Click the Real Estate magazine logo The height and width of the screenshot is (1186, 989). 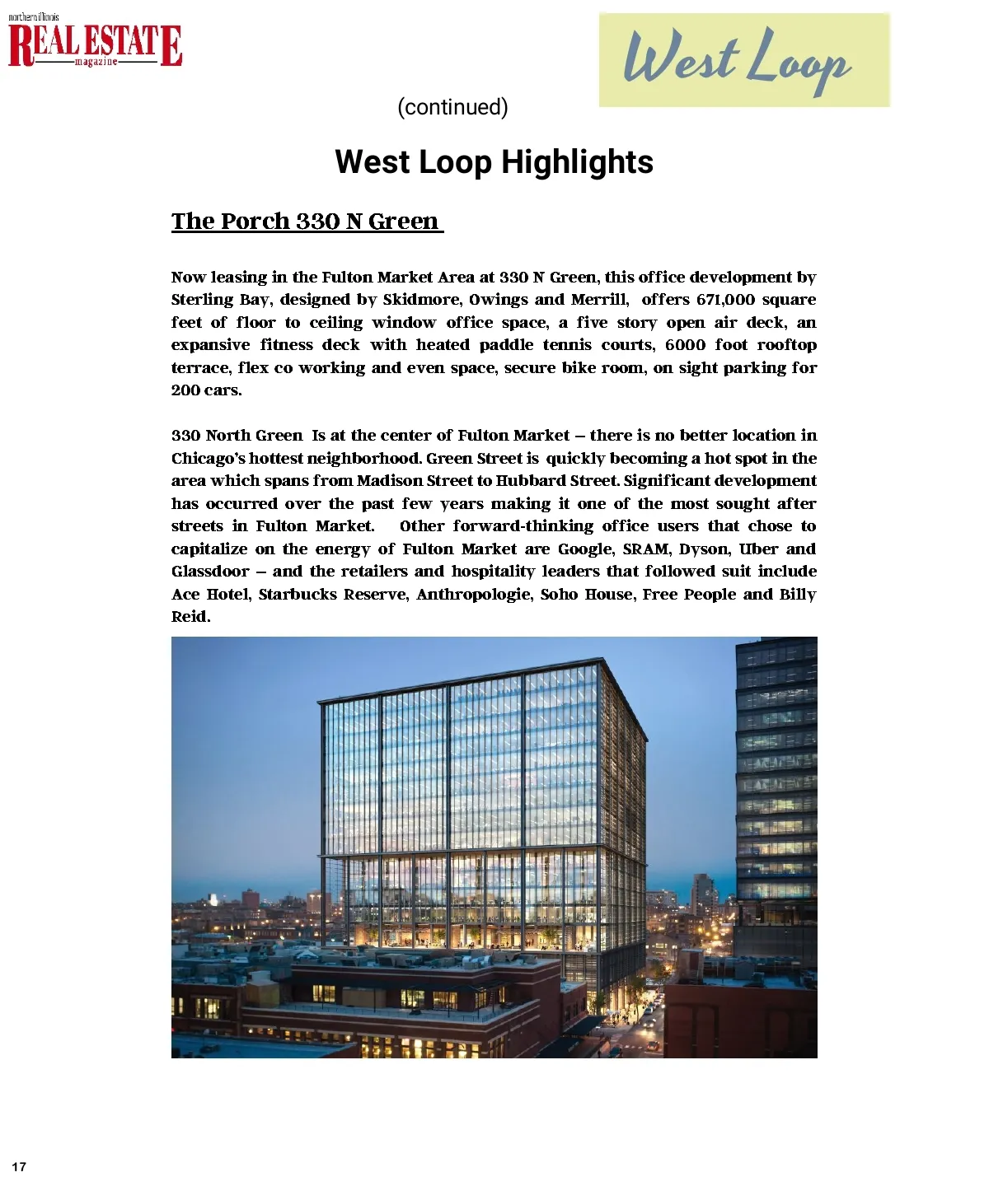click(95, 43)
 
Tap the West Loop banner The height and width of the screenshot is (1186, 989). click(744, 59)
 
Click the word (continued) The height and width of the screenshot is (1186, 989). click(452, 107)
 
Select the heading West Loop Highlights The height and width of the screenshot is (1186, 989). click(494, 162)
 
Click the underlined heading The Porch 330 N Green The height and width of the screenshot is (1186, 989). click(307, 221)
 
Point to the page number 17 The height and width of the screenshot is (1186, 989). click(19, 1166)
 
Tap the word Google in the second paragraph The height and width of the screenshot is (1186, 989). click(585, 549)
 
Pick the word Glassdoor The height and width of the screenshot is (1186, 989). click(209, 572)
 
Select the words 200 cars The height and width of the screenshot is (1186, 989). click(206, 390)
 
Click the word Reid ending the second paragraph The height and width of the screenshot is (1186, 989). click(190, 617)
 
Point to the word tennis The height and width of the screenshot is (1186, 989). click(568, 345)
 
